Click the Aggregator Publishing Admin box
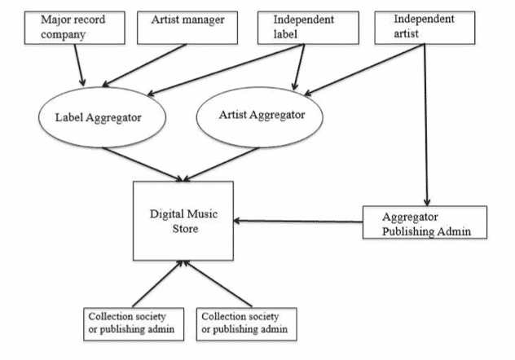click(424, 223)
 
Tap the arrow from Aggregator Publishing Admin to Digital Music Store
click(297, 220)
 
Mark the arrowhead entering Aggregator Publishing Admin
click(425, 201)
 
